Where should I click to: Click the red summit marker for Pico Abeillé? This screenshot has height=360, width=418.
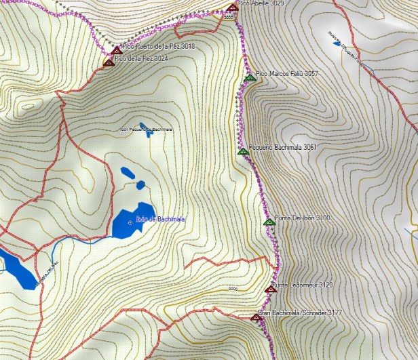click(233, 8)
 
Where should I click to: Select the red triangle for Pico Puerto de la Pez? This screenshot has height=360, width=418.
click(116, 49)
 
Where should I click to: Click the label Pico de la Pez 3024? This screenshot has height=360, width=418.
click(142, 59)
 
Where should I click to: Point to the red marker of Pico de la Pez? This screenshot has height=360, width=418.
click(108, 62)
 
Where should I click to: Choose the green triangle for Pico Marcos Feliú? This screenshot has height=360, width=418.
click(249, 78)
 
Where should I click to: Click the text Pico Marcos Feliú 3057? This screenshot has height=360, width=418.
click(287, 73)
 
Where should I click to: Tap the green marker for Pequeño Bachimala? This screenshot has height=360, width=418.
click(243, 152)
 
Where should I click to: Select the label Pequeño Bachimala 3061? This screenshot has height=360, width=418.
click(283, 146)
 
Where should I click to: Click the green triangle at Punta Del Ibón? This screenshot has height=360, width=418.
click(268, 222)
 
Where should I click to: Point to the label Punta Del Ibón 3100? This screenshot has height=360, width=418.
click(303, 218)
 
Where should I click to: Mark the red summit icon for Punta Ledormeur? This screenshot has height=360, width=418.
click(270, 289)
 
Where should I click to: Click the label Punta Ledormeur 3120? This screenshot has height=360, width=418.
click(303, 285)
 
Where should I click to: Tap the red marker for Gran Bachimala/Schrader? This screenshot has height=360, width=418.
click(255, 317)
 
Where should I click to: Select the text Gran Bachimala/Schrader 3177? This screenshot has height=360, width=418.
click(299, 314)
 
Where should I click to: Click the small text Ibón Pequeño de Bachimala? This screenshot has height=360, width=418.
click(146, 128)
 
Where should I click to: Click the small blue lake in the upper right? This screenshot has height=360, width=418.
click(337, 43)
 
